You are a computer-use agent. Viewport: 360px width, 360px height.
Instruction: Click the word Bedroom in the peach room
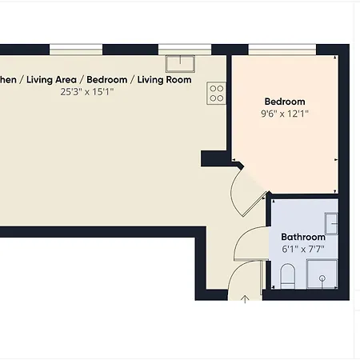pyautogui.click(x=285, y=102)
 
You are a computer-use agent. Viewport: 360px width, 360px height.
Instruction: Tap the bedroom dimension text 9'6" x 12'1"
pyautogui.click(x=285, y=114)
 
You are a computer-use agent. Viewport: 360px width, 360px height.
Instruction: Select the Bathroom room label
pyautogui.click(x=302, y=238)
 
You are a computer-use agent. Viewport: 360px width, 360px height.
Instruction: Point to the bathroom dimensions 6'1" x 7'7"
pyautogui.click(x=302, y=250)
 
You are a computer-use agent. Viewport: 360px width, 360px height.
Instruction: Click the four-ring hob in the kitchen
pyautogui.click(x=215, y=93)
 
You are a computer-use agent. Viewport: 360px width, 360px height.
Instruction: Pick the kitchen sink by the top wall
pyautogui.click(x=181, y=63)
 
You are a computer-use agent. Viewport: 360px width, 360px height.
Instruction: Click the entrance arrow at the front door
pyautogui.click(x=246, y=300)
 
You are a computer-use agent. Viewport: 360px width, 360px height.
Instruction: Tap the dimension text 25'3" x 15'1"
pyautogui.click(x=87, y=92)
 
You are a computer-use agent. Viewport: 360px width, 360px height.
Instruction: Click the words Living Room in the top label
pyautogui.click(x=163, y=80)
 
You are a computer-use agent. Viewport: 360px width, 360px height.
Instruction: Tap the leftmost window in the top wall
pyautogui.click(x=75, y=50)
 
